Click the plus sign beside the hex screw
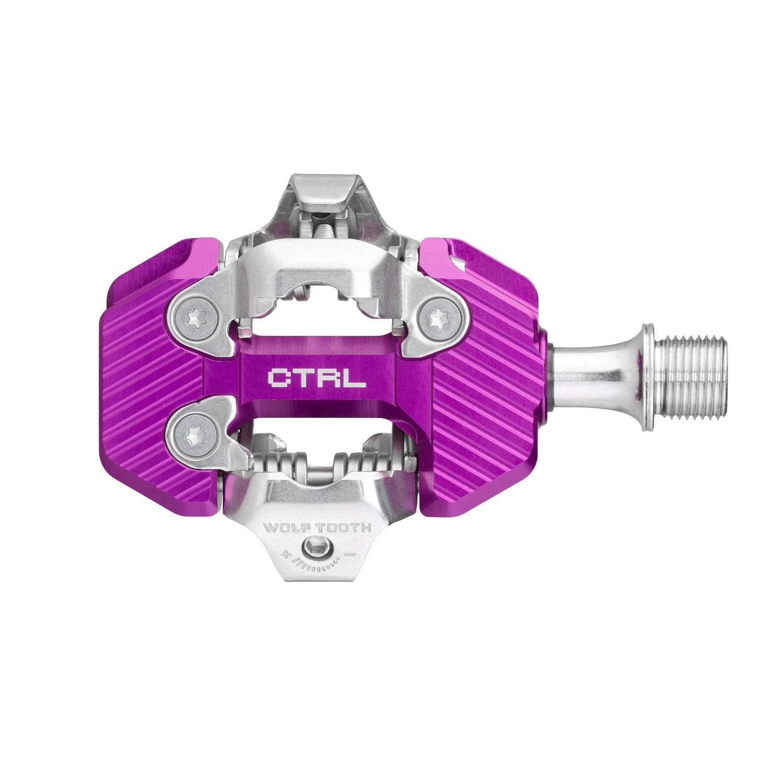tap(287, 554)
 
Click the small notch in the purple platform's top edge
tap(457, 259)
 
